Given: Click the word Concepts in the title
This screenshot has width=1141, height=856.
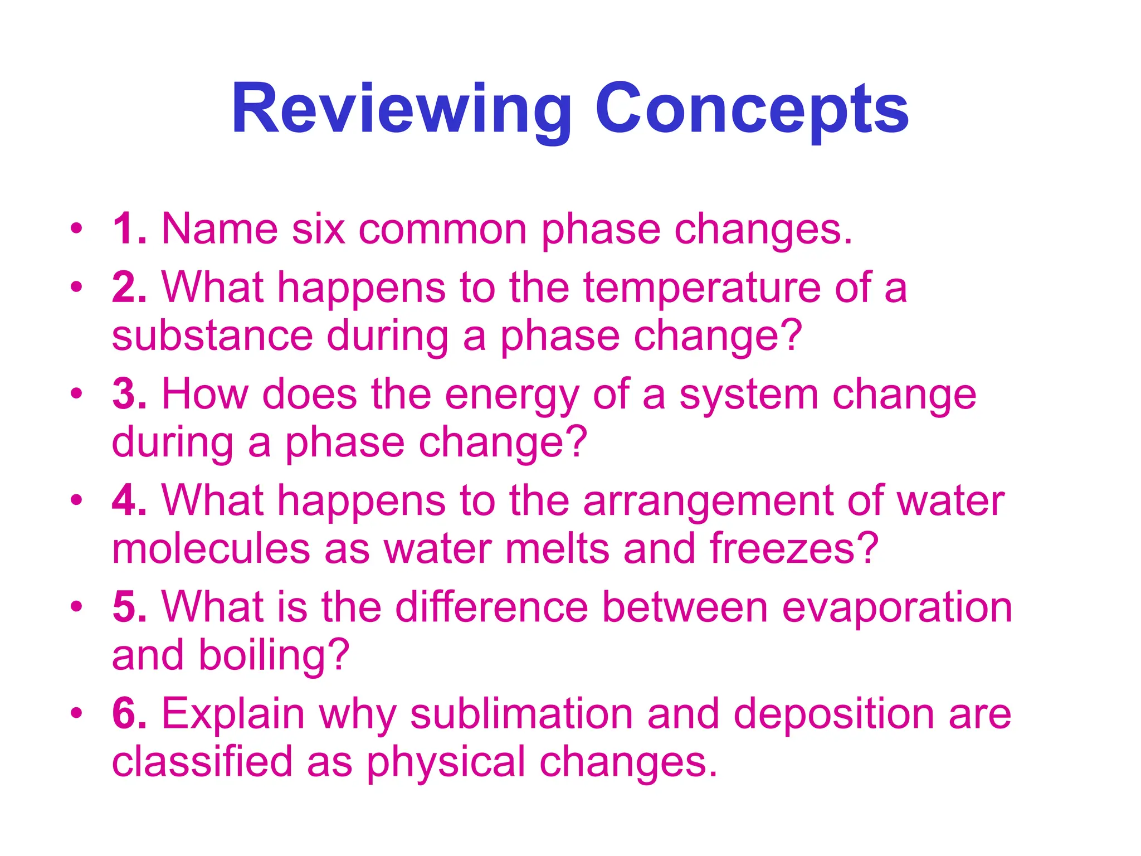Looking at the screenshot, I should pyautogui.click(x=752, y=109).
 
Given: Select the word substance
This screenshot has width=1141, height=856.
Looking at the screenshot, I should pyautogui.click(x=212, y=336).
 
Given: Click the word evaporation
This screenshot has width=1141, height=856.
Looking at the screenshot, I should pyautogui.click(x=897, y=608).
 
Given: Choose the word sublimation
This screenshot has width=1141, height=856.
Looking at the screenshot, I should pyautogui.click(x=521, y=714).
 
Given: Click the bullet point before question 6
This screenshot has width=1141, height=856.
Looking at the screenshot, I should pyautogui.click(x=76, y=713).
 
